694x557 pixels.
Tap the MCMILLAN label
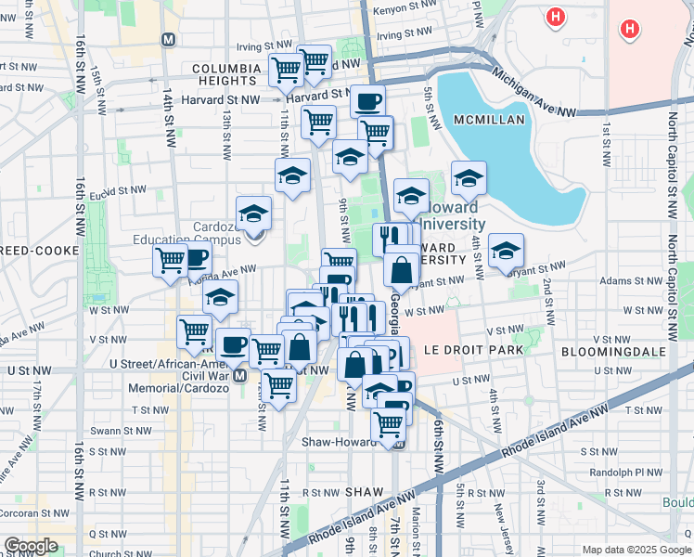tap(489, 120)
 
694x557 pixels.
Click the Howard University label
tap(453, 216)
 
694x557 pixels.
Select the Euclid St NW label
tap(120, 191)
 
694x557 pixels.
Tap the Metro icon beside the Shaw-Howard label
tap(400, 443)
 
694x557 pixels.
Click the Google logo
tap(32, 545)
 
